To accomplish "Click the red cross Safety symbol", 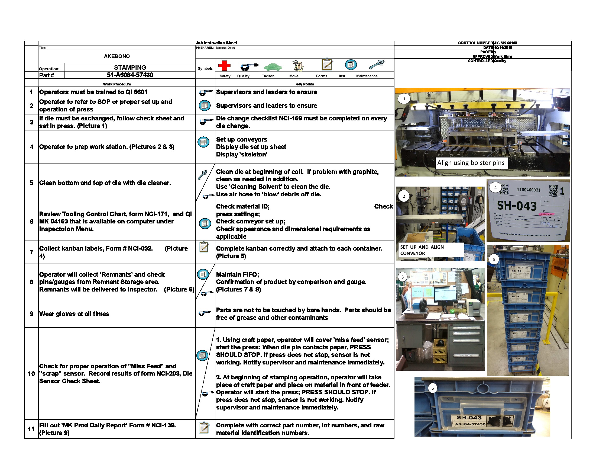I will coord(224,66).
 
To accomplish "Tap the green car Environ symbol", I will coord(273,66).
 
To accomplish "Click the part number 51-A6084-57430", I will coord(130,75).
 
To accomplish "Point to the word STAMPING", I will coord(130,68).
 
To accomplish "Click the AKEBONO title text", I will coord(117,56).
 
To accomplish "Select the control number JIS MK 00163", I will coord(506,43).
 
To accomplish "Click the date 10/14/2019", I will coord(503,47).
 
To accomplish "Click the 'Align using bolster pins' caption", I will coord(471,163).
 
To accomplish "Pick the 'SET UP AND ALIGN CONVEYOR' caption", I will coord(422,250).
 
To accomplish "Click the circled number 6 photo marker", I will coord(432,388).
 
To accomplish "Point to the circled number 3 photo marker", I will coord(402,277).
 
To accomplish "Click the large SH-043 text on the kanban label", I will coord(517,206).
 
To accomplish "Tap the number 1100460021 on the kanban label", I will coord(528,190).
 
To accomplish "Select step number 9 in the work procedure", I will coord(31,314).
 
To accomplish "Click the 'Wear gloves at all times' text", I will coord(74,314).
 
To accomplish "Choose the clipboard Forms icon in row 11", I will coord(204,428).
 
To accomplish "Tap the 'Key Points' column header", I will coord(305,84).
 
